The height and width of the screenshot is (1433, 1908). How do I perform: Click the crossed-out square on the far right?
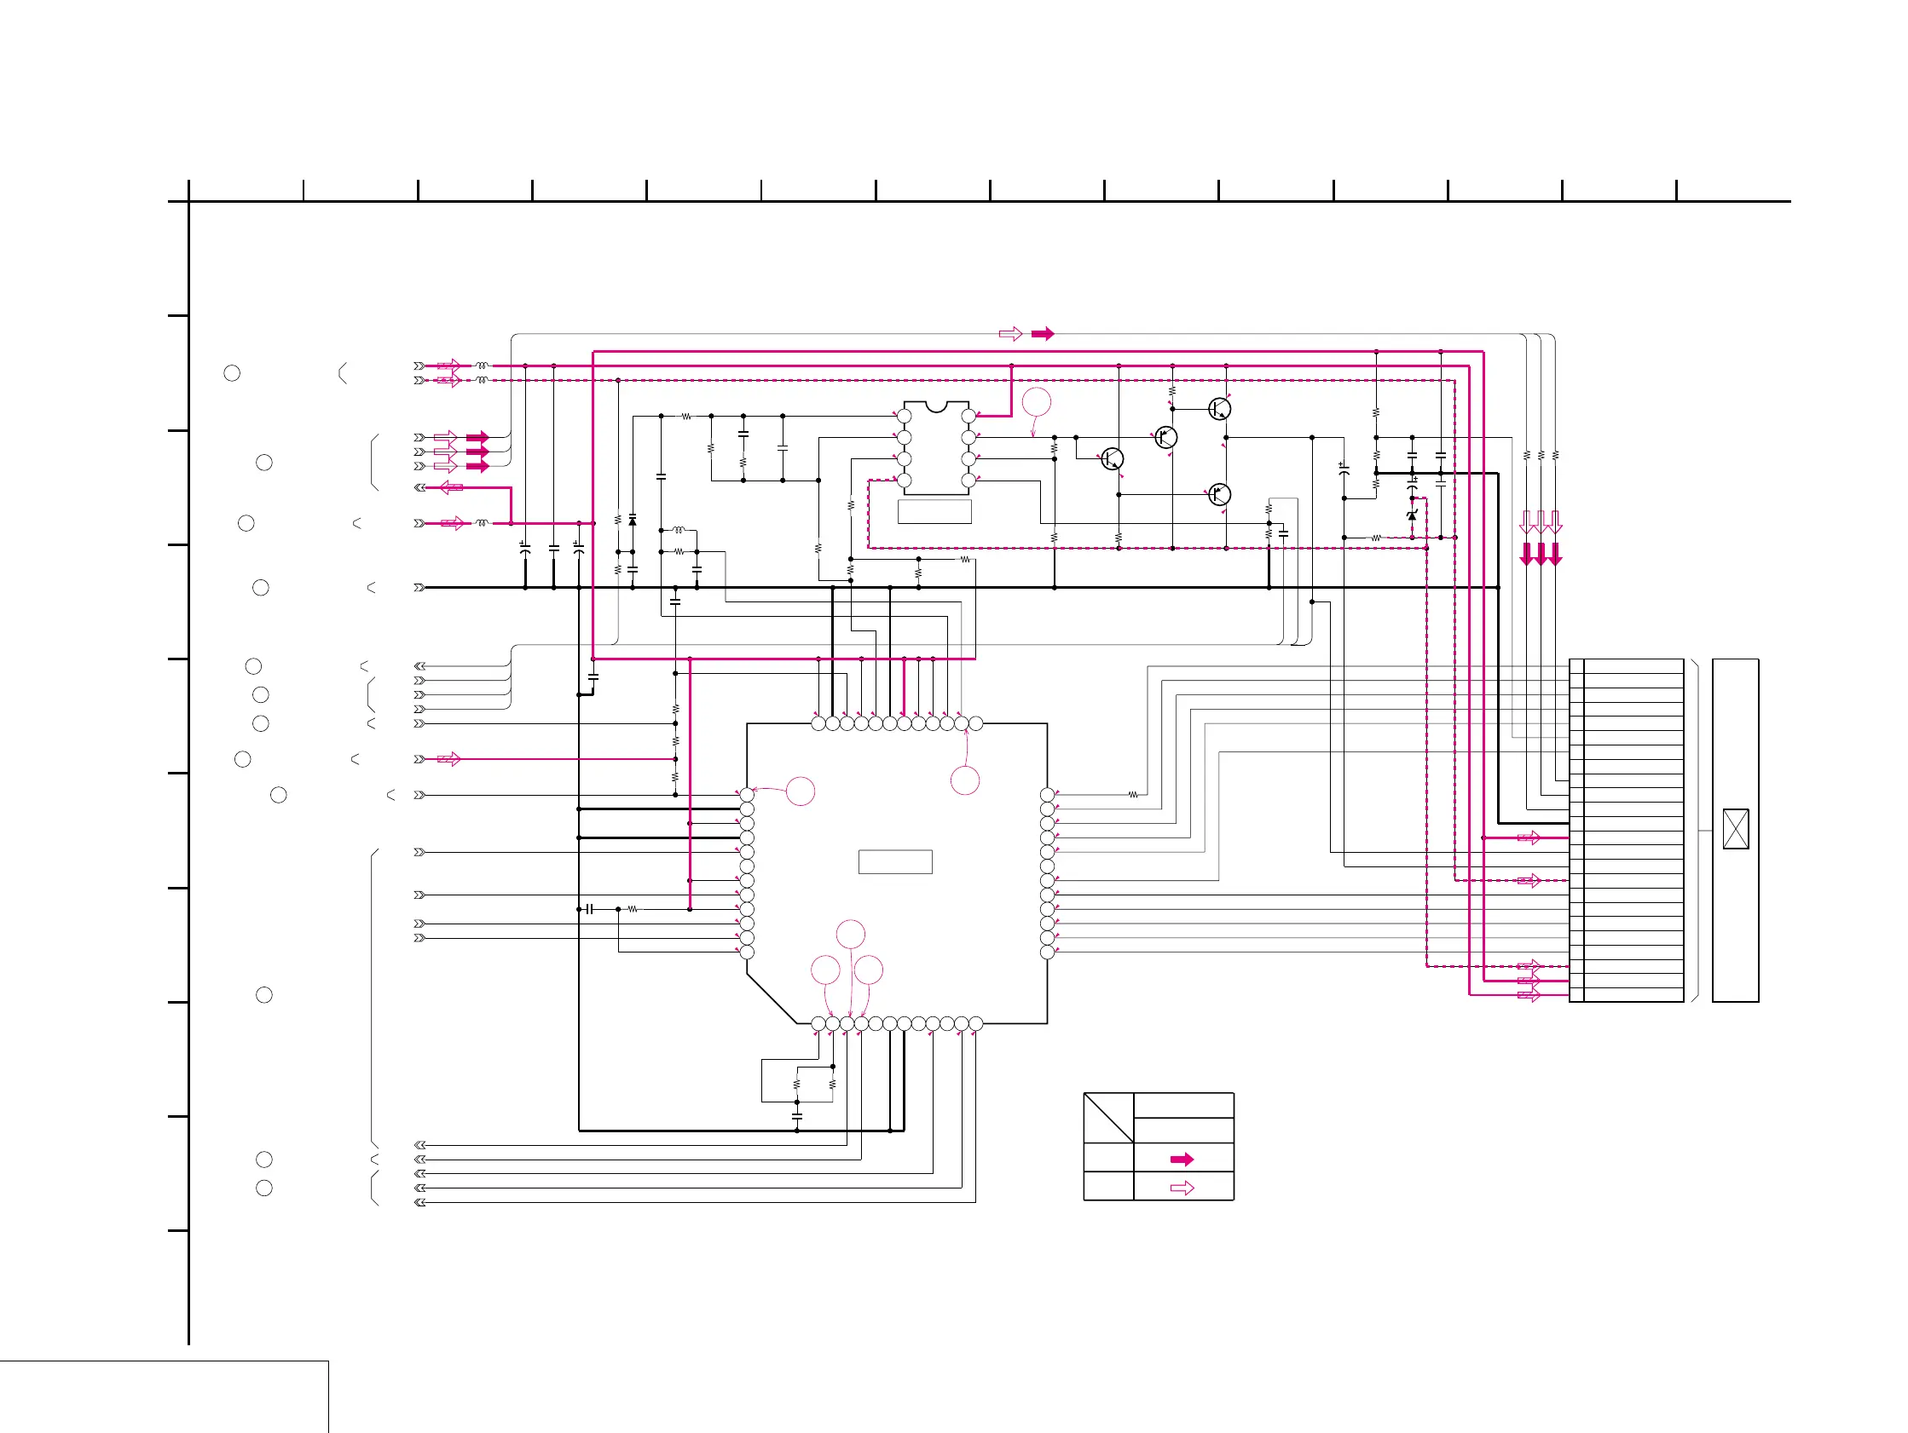1735,829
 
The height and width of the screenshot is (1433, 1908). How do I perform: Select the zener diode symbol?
1411,515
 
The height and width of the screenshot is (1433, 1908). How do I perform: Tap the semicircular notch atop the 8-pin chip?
936,406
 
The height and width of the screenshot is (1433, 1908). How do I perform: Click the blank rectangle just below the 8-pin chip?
934,511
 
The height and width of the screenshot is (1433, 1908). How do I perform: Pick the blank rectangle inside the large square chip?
894,861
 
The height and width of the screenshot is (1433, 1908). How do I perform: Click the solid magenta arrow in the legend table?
1182,1159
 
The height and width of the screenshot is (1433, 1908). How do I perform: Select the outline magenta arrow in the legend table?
1182,1188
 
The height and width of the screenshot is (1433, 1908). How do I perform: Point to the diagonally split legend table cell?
1108,1118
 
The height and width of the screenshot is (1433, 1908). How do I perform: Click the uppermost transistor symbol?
1219,409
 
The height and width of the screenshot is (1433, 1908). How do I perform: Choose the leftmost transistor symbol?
1112,458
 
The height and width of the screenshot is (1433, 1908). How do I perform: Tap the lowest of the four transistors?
1219,495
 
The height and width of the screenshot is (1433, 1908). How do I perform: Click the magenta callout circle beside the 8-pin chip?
1036,402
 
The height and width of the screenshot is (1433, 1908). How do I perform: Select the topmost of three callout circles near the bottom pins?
851,934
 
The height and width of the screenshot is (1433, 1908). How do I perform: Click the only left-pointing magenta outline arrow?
451,487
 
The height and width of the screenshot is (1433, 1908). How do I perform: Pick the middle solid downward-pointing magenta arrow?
1541,554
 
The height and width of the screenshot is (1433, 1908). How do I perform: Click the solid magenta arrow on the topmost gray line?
1042,334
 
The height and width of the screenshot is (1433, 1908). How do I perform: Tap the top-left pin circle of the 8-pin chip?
904,417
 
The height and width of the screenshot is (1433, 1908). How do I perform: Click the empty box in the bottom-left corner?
164,1396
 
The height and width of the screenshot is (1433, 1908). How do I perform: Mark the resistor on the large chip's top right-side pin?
1132,795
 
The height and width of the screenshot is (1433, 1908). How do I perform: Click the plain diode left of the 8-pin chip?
633,521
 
